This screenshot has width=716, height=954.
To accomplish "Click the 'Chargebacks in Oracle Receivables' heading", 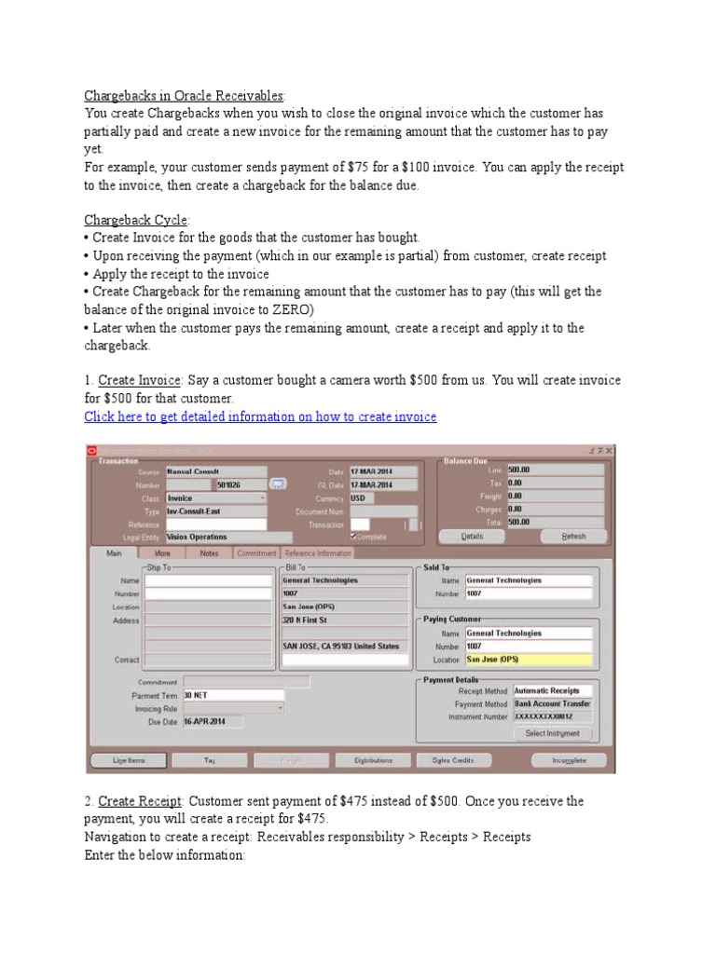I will click(185, 95).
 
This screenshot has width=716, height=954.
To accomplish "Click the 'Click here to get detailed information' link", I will click(260, 416).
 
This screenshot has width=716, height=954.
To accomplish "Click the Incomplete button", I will click(569, 760).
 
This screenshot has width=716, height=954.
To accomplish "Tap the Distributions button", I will click(373, 760).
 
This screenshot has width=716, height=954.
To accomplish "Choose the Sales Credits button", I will click(453, 760).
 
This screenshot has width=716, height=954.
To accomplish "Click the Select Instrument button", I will click(553, 733).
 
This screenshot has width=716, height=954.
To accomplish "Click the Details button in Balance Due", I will click(472, 536).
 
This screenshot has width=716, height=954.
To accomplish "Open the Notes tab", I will click(209, 552).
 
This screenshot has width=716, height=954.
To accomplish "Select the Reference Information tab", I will click(318, 552).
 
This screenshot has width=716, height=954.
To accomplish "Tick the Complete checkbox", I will click(352, 537).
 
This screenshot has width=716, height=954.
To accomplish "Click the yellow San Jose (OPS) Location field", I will click(528, 660).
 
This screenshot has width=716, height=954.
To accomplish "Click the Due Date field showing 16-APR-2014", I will click(212, 721).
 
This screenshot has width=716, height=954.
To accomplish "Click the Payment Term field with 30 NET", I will click(233, 695).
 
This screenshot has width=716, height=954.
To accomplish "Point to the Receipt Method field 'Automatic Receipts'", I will click(552, 691).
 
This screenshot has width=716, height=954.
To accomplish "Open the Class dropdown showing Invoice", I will click(216, 497).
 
